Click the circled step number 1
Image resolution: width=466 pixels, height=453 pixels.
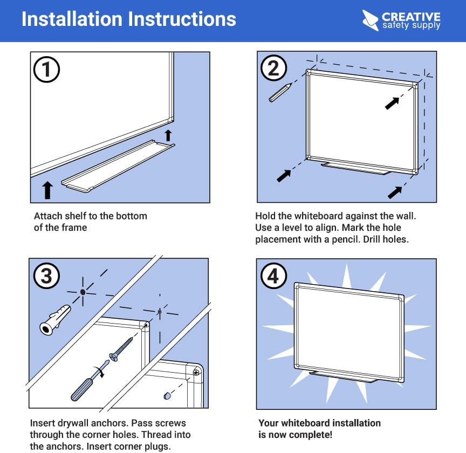[46, 70]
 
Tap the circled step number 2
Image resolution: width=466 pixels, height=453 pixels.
[273, 69]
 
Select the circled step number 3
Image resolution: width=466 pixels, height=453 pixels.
[46, 276]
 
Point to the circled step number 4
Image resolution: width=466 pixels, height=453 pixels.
[273, 277]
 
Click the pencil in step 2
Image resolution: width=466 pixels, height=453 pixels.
[280, 92]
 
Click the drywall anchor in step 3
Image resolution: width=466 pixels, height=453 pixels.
[54, 319]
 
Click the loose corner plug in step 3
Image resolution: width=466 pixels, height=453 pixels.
[167, 395]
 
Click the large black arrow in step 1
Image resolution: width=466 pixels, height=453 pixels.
[47, 190]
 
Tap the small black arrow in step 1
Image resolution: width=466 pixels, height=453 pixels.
[168, 135]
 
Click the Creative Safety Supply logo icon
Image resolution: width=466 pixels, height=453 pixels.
[371, 20]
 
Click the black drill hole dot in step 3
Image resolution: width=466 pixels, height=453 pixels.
[83, 292]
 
